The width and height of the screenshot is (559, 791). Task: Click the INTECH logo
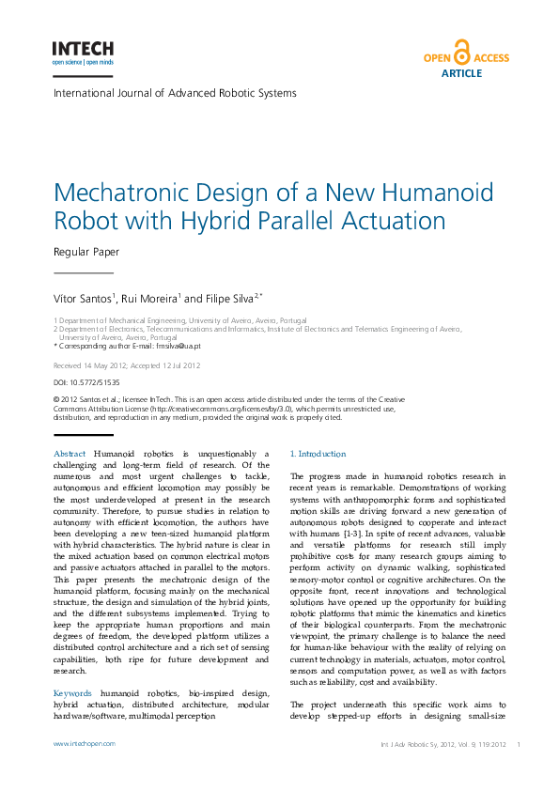point(83,52)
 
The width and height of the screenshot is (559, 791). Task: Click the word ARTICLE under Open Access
point(461,72)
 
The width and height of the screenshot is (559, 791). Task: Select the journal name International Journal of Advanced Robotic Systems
point(175,93)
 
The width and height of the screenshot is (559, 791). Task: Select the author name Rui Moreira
point(149,299)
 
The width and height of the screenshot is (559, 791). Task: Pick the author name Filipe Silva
point(230,299)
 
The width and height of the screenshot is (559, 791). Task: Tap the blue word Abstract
point(70,454)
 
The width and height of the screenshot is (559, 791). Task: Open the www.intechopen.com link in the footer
point(85,743)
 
